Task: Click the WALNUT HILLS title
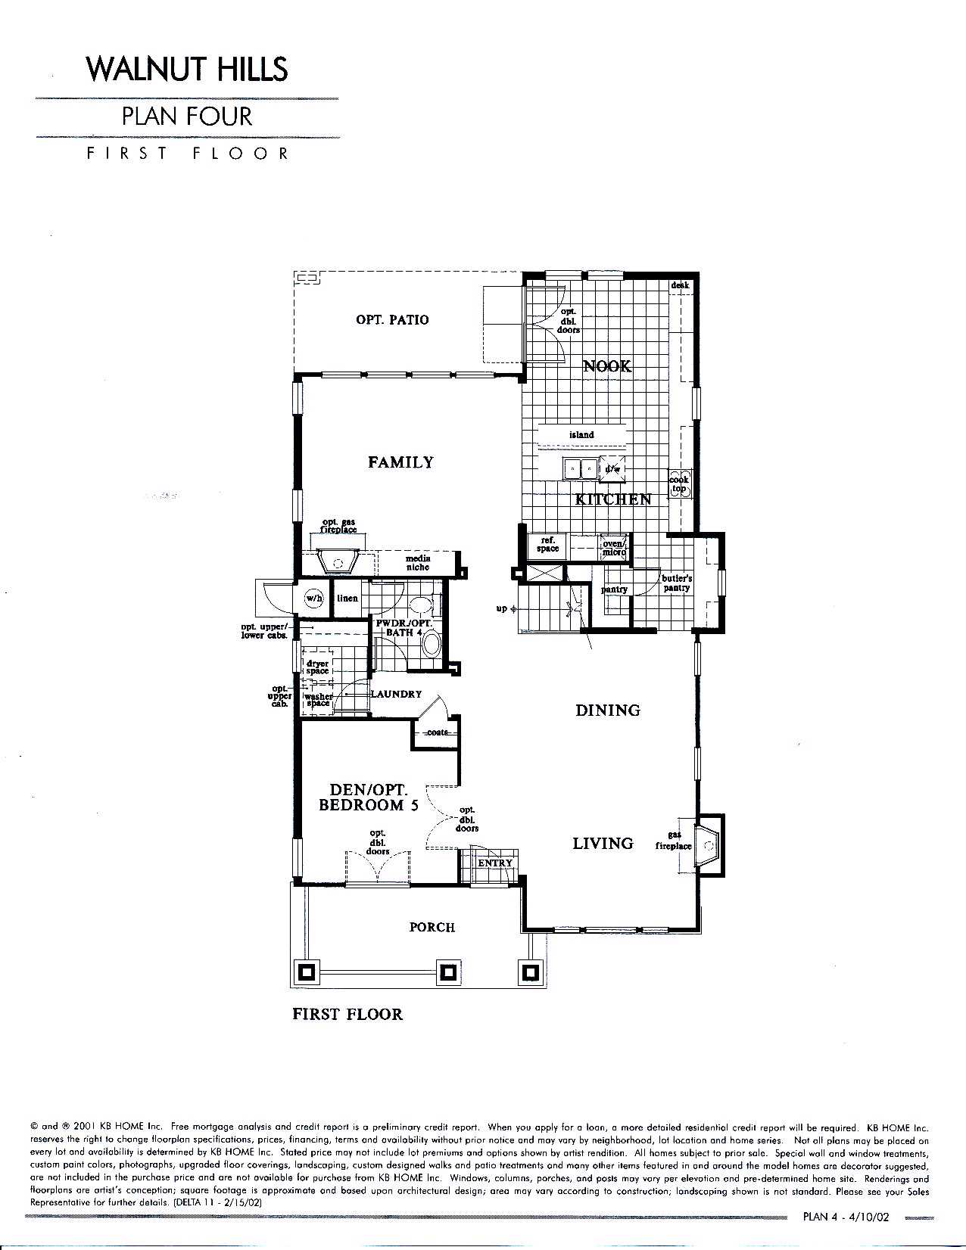[187, 69]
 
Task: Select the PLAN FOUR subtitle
[187, 117]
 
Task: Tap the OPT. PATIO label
[392, 320]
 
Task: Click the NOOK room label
[608, 366]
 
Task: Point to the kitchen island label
[581, 435]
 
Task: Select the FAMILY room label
[401, 462]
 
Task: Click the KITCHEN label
[613, 499]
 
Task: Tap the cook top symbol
[680, 484]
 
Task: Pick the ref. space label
[547, 545]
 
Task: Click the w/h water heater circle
[314, 599]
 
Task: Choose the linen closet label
[347, 599]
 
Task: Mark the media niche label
[418, 563]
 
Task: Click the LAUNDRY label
[397, 695]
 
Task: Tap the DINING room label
[608, 711]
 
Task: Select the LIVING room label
[603, 844]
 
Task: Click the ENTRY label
[495, 863]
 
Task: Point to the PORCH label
[432, 928]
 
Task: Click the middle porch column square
[448, 973]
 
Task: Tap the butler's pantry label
[677, 583]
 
